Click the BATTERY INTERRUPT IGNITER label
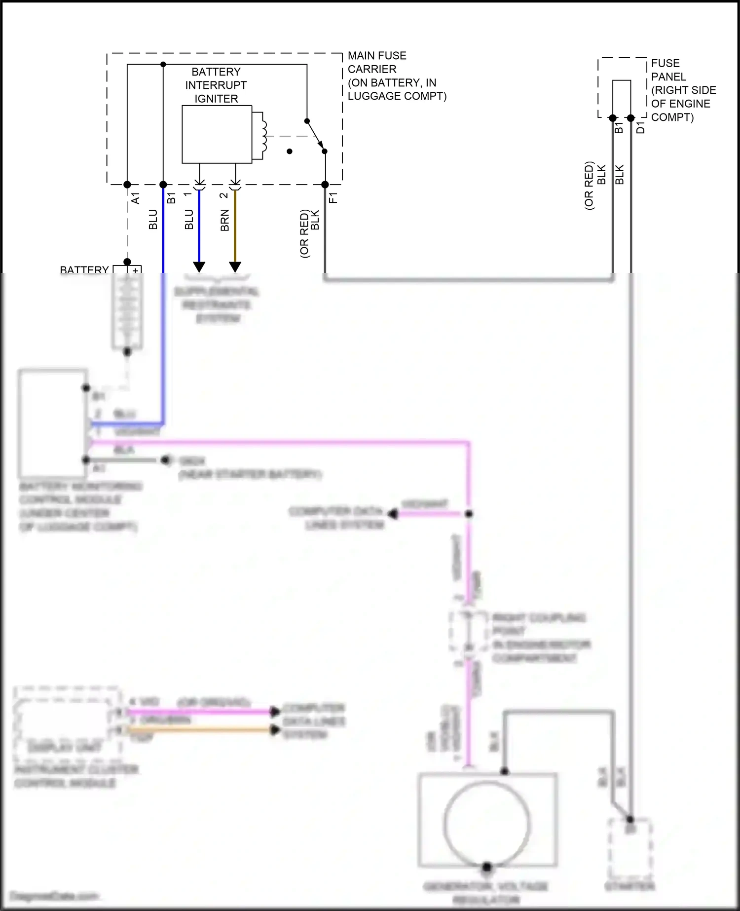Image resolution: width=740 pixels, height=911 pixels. (x=216, y=85)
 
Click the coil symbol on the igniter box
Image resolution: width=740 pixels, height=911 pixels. (x=263, y=136)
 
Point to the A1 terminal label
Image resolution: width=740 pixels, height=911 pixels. (x=136, y=198)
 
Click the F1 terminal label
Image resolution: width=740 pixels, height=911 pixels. (x=333, y=198)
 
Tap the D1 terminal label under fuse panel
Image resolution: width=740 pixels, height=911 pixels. (x=640, y=128)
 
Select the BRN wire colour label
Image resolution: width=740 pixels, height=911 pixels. (x=225, y=220)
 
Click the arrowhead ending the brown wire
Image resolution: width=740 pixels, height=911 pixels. (x=235, y=267)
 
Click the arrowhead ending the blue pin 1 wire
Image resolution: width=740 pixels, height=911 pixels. (x=199, y=267)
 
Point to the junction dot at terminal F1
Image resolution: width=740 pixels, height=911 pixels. (x=325, y=185)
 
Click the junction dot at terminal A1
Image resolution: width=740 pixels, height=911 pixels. (x=127, y=185)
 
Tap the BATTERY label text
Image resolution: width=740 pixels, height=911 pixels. (x=84, y=269)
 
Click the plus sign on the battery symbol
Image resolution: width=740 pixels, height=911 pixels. (x=135, y=270)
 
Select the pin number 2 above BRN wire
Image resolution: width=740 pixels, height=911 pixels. (x=223, y=195)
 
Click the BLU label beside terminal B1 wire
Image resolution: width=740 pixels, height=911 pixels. (x=153, y=220)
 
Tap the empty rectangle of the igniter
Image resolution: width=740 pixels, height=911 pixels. (x=217, y=134)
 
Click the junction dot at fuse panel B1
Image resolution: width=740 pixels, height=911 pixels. (x=613, y=118)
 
